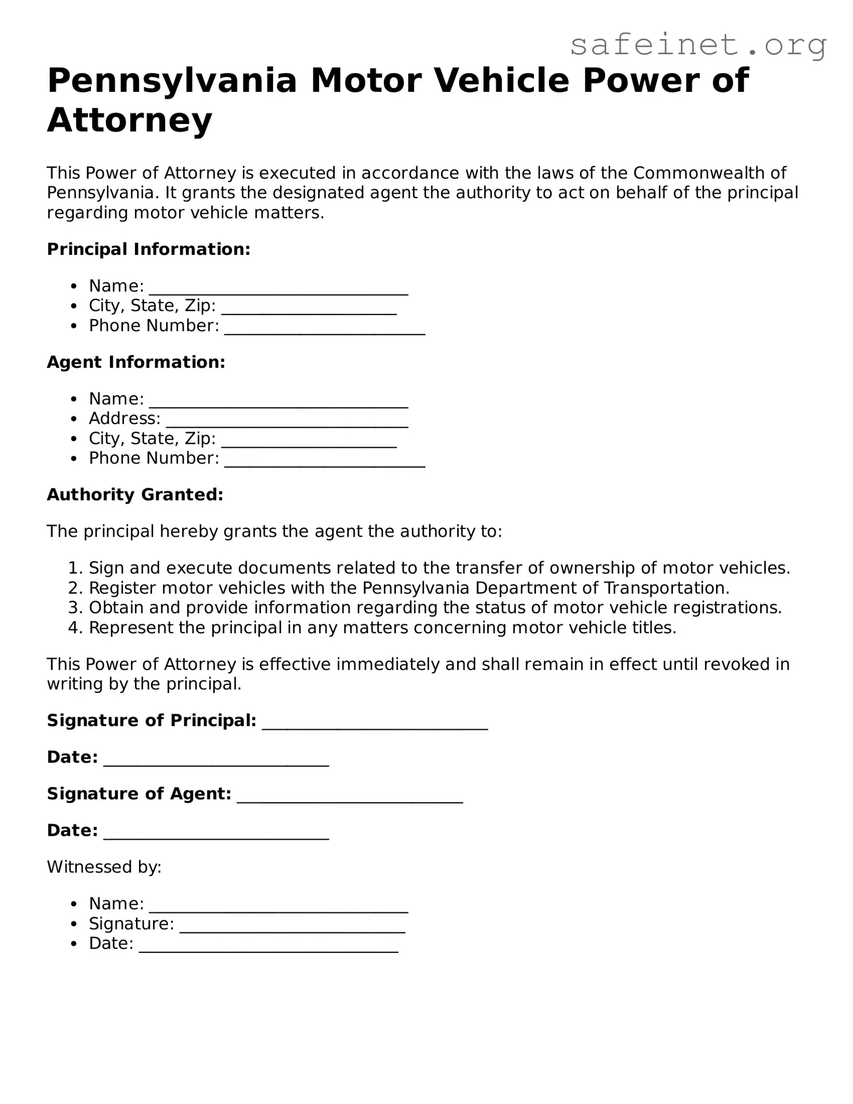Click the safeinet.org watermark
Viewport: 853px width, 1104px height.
click(698, 45)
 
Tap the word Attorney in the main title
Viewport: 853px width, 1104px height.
click(130, 120)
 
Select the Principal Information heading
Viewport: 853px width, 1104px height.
click(149, 249)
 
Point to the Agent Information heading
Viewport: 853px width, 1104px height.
click(136, 362)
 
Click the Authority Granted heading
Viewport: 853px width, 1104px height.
click(135, 495)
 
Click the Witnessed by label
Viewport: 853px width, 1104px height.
click(104, 867)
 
